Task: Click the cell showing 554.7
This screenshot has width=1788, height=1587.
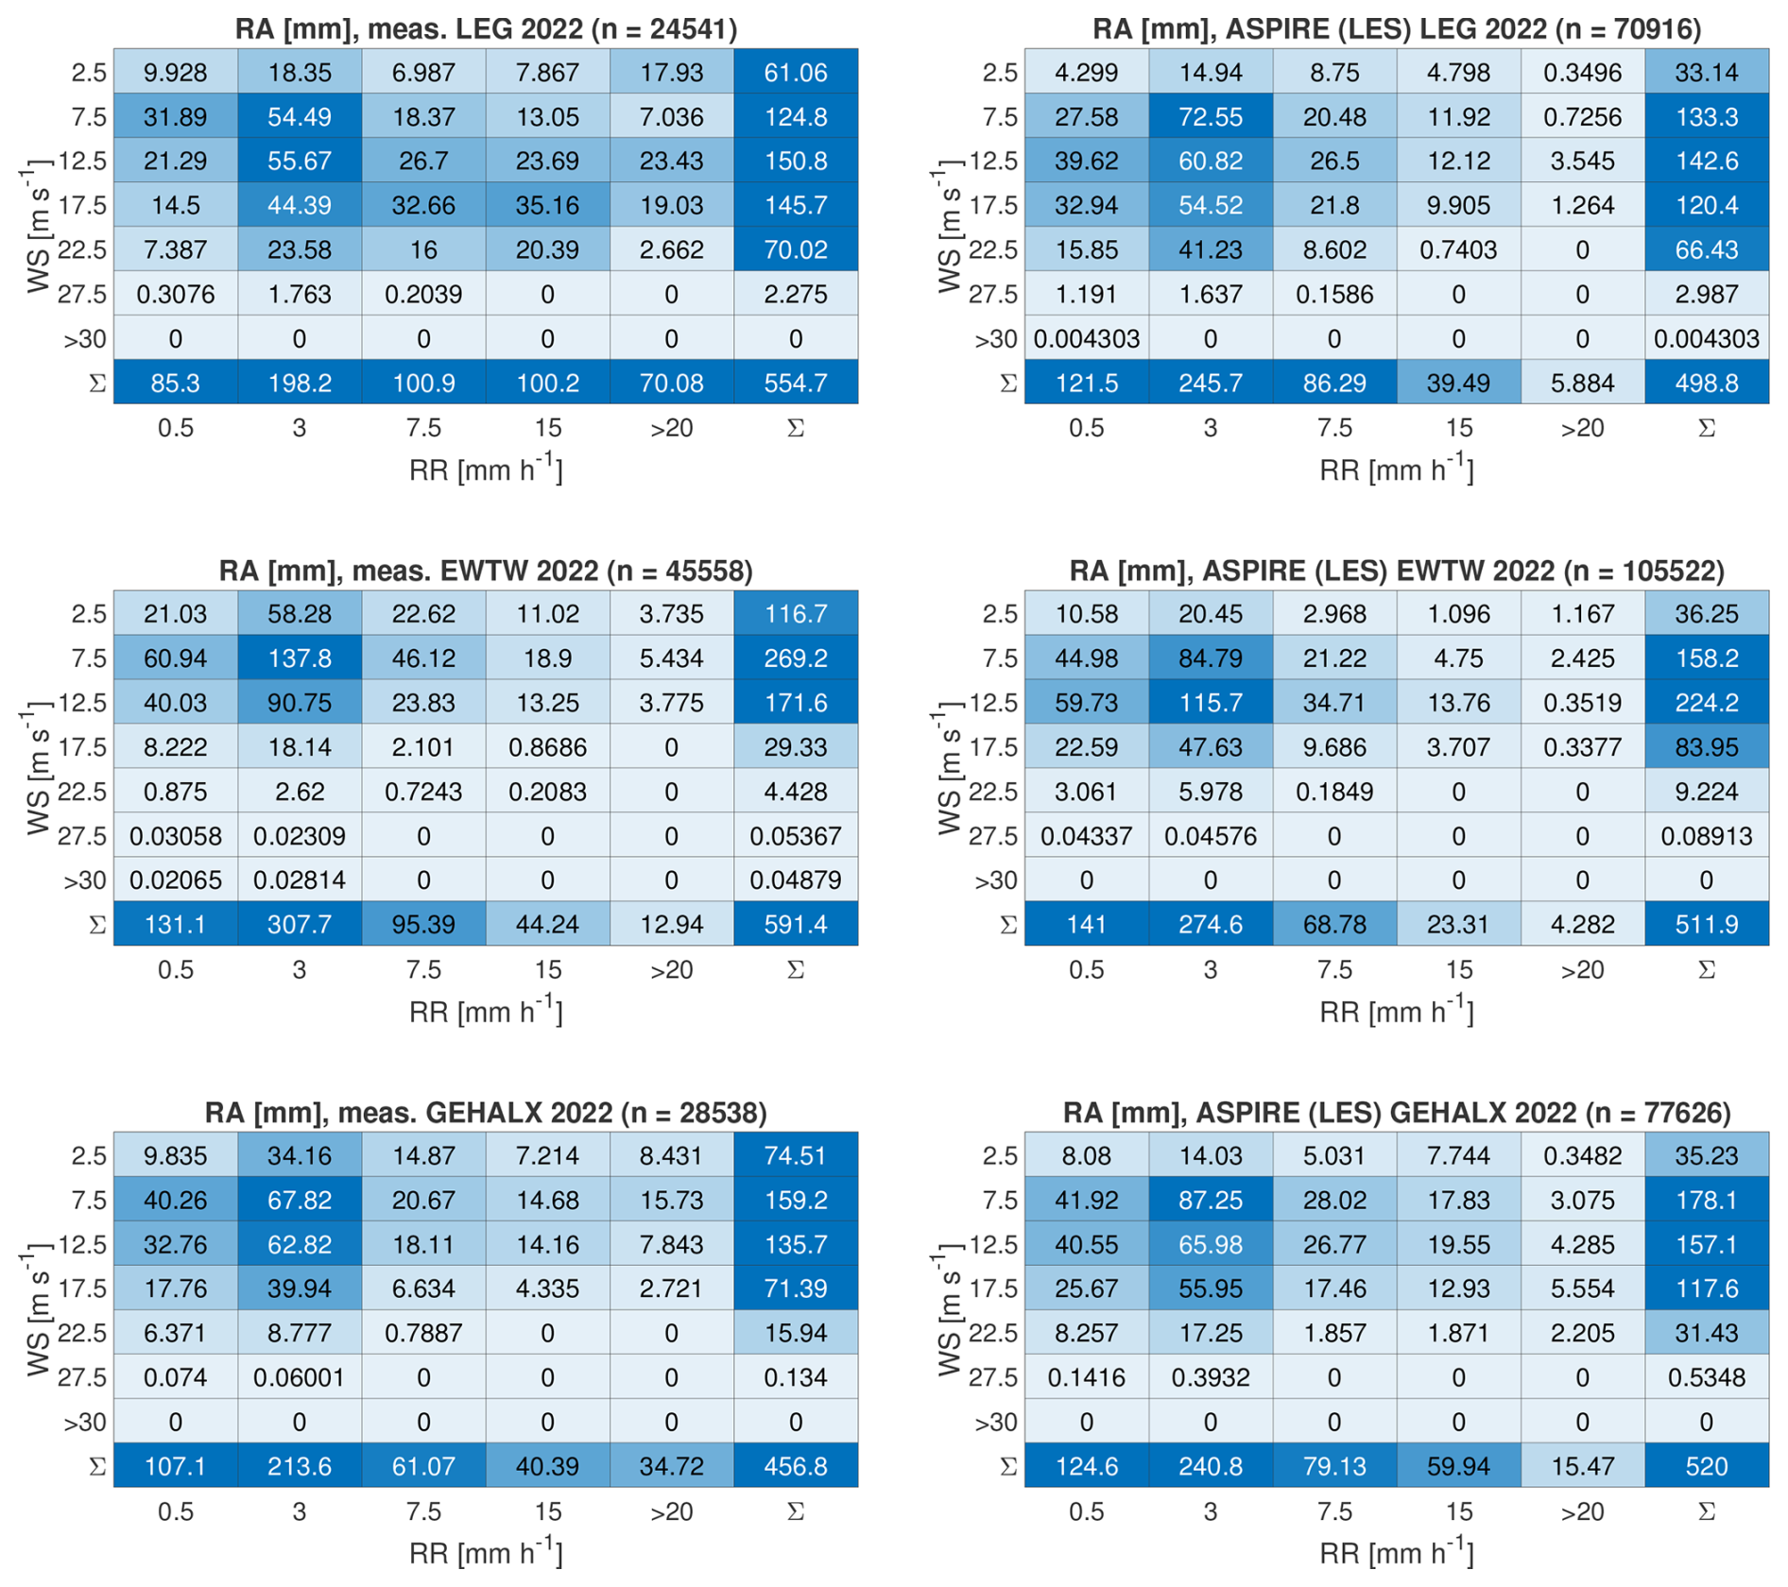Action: pos(795,383)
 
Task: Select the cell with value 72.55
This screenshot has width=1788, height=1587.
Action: pos(1210,117)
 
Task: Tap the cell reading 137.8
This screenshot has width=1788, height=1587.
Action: pos(299,658)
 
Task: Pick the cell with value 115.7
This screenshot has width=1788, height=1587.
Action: pos(1210,703)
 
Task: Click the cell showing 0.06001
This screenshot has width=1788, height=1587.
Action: pos(299,1377)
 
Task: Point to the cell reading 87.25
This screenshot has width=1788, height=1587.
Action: pos(1210,1200)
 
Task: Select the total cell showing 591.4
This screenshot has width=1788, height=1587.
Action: pos(795,924)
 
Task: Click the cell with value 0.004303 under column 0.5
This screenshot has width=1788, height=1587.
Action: pos(1086,339)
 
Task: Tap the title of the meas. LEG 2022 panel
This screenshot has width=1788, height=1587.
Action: pos(486,28)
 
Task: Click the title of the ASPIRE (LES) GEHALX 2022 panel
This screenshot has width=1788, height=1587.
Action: pos(1397,1112)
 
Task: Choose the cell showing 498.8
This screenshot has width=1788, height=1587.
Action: pos(1706,383)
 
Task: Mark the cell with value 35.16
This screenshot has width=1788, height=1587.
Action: pos(547,205)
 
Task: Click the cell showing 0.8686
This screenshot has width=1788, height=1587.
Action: pos(547,747)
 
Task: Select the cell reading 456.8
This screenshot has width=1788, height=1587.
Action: pos(795,1466)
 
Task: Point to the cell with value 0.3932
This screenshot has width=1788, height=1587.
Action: pos(1210,1377)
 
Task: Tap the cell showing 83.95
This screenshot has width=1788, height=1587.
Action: pos(1706,747)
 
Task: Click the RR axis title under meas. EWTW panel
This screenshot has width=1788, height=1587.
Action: pos(486,1012)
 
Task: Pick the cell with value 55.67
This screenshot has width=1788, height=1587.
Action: pos(299,161)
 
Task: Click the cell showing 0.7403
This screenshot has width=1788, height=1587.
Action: pos(1458,249)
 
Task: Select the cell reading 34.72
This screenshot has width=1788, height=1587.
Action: pos(671,1466)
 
